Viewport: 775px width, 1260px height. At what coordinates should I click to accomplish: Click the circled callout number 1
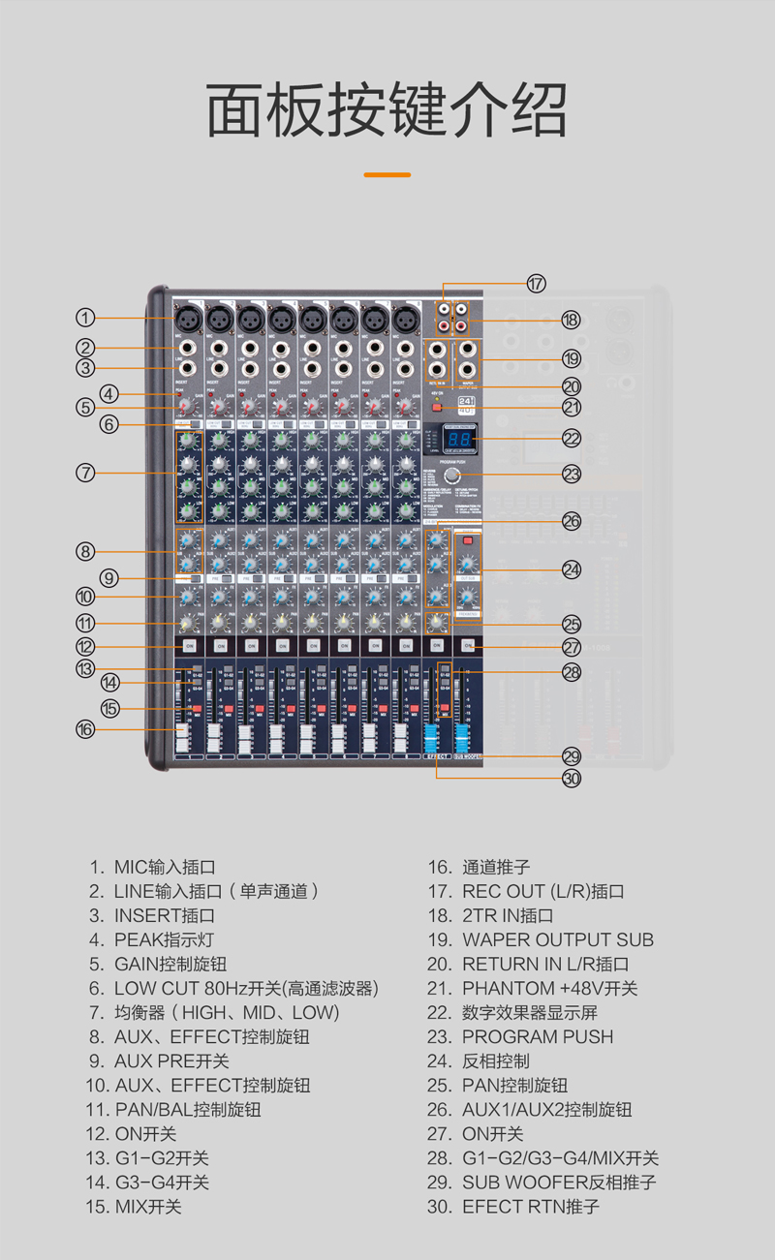86,317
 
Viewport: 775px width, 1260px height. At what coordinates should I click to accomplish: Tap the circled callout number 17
537,284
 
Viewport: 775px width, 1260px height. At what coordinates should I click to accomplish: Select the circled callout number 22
572,439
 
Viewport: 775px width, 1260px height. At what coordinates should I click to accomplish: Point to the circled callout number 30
572,777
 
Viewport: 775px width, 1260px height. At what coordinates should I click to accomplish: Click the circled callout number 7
86,473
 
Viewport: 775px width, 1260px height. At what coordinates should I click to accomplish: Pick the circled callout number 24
572,569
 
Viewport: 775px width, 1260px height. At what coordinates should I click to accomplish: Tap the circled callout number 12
86,646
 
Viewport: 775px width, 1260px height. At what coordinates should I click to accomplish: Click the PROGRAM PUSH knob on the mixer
452,476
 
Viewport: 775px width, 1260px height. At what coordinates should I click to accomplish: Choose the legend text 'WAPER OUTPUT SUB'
557,939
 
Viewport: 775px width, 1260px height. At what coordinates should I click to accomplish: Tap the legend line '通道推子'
495,867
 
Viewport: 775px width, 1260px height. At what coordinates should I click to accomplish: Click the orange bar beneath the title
387,174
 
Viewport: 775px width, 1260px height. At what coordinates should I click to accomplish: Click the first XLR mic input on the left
189,317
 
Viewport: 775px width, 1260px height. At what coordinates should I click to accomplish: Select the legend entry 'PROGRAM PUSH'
537,1036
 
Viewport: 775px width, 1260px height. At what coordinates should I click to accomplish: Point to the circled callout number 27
572,647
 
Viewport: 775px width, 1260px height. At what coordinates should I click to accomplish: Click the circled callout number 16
86,729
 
